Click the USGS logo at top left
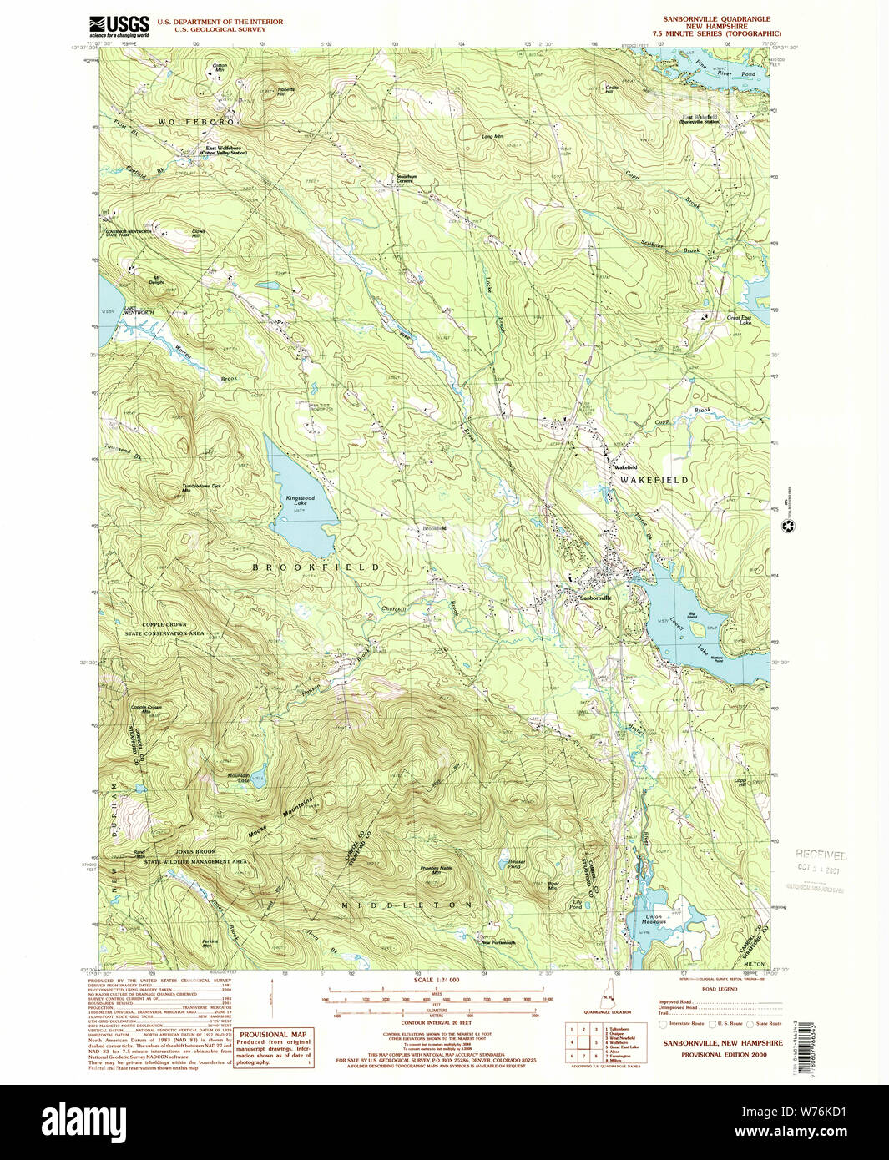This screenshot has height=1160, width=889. point(119,26)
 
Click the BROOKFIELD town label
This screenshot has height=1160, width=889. point(316,567)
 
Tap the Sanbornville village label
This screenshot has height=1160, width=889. point(595,598)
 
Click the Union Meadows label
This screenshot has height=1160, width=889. point(659,920)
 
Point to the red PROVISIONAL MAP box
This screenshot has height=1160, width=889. point(272,1048)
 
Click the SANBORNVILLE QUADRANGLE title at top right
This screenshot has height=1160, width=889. point(716,18)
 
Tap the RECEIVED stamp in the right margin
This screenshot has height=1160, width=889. point(821,855)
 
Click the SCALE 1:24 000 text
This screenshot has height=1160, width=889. point(437,980)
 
